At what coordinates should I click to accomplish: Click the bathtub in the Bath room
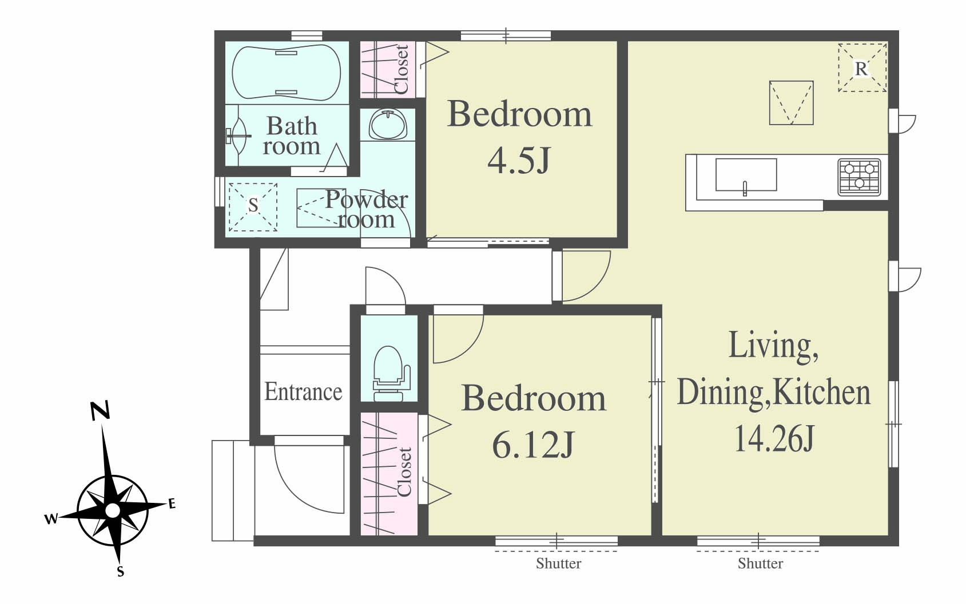coord(287,73)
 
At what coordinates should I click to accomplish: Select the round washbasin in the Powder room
coord(388,124)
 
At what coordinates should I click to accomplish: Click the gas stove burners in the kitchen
coord(859,177)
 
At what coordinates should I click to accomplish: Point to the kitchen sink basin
coord(746,175)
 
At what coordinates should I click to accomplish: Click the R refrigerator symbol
coord(862,68)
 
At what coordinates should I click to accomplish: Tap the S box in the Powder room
coord(253,207)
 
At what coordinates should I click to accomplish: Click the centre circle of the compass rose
coord(113,510)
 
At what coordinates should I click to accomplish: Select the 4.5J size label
coord(519,160)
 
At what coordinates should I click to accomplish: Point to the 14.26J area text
coord(774,438)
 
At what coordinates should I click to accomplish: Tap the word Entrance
coord(303,391)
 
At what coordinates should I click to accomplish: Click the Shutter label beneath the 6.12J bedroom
coord(558,563)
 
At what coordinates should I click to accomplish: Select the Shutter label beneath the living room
coord(760,563)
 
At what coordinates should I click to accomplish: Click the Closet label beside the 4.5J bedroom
coord(401,69)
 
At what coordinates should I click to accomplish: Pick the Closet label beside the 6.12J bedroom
coord(404,472)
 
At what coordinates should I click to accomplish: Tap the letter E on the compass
coord(172,503)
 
